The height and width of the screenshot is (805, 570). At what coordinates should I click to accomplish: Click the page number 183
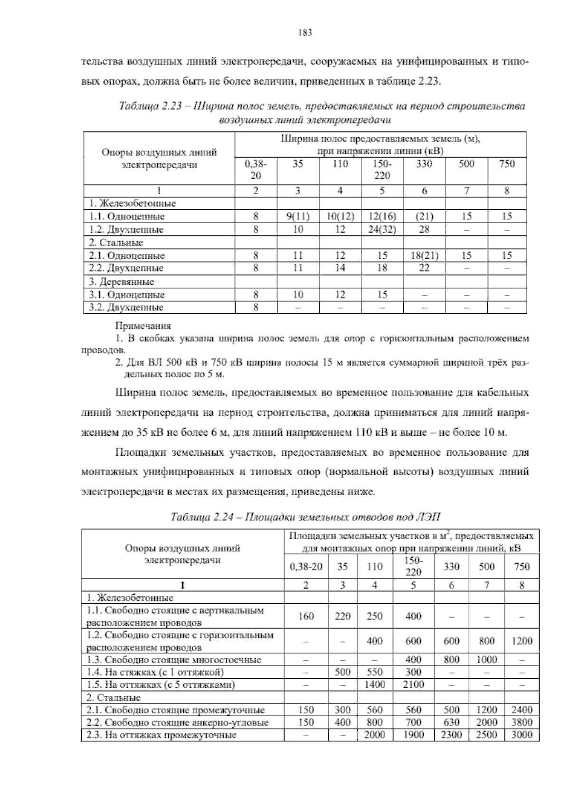[x=304, y=33]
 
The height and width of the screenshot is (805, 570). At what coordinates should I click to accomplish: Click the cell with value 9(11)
[x=297, y=216]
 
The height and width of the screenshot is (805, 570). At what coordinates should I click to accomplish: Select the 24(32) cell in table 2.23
[x=382, y=229]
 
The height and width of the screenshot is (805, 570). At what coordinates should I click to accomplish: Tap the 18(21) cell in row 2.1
[x=424, y=255]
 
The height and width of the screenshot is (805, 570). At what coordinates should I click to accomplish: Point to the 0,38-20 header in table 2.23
[x=256, y=169]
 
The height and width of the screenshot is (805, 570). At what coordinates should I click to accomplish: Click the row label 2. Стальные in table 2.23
[x=116, y=243]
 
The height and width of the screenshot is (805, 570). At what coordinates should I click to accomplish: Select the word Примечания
[x=143, y=326]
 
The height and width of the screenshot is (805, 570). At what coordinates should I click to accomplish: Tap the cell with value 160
[x=306, y=616]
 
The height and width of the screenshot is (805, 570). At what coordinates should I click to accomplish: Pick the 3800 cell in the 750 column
[x=522, y=722]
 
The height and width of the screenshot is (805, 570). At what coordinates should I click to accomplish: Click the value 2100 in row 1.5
[x=413, y=684]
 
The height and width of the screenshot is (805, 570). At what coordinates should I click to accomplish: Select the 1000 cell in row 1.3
[x=486, y=659]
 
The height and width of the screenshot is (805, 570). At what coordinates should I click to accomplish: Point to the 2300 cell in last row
[x=451, y=735]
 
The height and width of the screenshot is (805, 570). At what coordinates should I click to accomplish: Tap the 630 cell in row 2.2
[x=451, y=722]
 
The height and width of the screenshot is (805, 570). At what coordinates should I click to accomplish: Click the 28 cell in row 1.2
[x=424, y=229]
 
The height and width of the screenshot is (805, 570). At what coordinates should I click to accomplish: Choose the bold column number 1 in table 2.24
[x=182, y=585]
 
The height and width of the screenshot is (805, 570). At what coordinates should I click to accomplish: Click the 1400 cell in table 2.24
[x=374, y=684]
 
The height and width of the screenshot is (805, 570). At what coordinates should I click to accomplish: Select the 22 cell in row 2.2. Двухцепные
[x=424, y=268]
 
